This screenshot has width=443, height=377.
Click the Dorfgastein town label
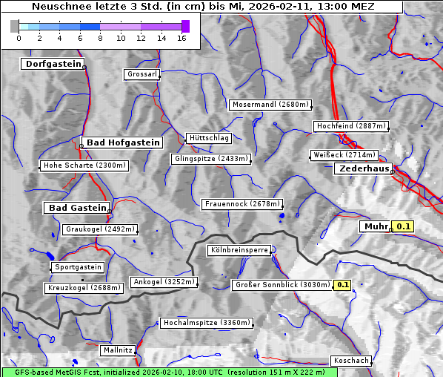tap(52, 64)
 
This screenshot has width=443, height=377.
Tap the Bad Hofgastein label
tap(122, 142)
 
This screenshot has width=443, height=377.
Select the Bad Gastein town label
tap(78, 208)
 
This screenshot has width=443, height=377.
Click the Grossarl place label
tap(141, 74)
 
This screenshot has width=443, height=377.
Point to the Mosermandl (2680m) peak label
tap(270, 105)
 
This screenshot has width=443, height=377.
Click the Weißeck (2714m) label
tap(344, 155)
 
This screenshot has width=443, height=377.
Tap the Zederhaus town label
tap(364, 169)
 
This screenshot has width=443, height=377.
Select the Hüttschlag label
tap(209, 138)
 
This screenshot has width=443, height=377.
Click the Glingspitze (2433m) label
tap(211, 159)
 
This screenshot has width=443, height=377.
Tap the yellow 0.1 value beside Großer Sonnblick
tap(343, 285)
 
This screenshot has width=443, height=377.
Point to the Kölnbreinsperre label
tap(239, 251)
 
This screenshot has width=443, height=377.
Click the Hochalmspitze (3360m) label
tap(207, 323)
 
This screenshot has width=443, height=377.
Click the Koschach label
tap(351, 361)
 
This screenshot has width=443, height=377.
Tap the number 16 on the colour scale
tap(181, 38)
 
